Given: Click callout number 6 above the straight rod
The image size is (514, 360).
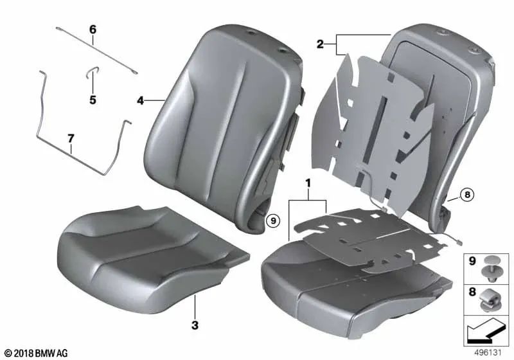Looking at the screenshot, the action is [93, 30].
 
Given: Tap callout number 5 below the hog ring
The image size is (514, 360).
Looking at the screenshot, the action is [93, 100].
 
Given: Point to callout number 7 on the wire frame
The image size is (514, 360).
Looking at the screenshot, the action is [71, 139].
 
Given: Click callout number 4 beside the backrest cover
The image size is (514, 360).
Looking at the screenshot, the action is [140, 101].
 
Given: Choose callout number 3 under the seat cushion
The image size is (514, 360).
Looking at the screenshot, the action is [195, 325].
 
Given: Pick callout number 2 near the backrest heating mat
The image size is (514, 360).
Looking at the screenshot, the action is [320, 44].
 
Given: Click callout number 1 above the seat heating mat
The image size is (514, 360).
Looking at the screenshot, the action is [308, 183].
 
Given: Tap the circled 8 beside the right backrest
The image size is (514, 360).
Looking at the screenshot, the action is [467, 195].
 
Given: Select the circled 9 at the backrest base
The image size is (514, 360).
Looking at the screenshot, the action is [273, 221].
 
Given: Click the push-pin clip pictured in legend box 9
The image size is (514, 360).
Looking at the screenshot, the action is [490, 269].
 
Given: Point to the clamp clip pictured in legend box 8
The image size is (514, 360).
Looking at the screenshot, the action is [490, 300].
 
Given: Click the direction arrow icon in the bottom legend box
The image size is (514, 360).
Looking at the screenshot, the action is [486, 330].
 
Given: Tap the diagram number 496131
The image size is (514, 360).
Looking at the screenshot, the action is [488, 353].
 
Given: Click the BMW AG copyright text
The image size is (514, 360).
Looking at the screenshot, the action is [37, 353].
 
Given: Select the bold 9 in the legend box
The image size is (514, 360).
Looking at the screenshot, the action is [472, 261].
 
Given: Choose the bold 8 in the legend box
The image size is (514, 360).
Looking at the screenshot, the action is [472, 292].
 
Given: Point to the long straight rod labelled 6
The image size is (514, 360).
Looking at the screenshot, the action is [97, 51].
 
